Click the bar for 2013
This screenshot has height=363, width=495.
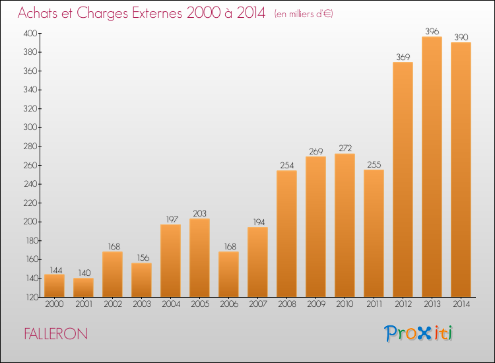coord(432,167)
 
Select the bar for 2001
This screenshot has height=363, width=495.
coord(83,287)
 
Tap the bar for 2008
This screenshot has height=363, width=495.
coord(286,234)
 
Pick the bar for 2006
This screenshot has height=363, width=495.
coord(228,275)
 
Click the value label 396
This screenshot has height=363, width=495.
coord(432,31)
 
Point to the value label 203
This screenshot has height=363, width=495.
coord(199,213)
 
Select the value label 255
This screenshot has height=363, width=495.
coord(374,164)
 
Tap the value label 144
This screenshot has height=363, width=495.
coord(56,270)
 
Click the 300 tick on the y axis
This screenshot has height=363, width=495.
coord(30,127)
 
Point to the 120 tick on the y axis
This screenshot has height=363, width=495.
coord(31,298)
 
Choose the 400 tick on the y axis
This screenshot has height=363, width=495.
coord(30,33)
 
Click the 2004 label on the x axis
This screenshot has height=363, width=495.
coord(171,304)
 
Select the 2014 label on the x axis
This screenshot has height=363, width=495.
coord(461,304)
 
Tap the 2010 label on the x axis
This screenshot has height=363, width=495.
coord(345,304)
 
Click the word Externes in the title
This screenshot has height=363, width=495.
coord(157,13)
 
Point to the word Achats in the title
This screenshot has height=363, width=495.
coord(38,13)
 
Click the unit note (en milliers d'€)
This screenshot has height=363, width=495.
coord(304,14)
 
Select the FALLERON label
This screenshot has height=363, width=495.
coord(56,334)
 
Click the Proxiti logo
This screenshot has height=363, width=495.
coord(418,333)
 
